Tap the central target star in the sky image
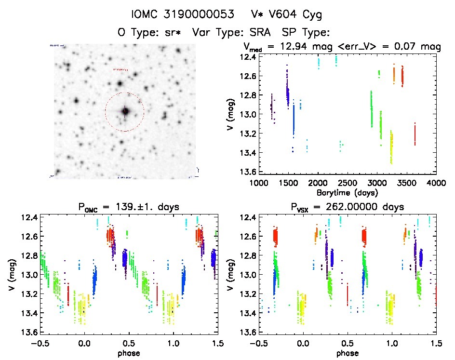point(125,111)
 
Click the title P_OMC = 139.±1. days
point(128,207)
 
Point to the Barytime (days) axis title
point(347,192)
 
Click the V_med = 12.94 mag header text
point(288,47)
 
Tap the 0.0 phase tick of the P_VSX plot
point(303,343)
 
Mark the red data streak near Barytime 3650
point(415,134)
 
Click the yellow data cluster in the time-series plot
point(391,148)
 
